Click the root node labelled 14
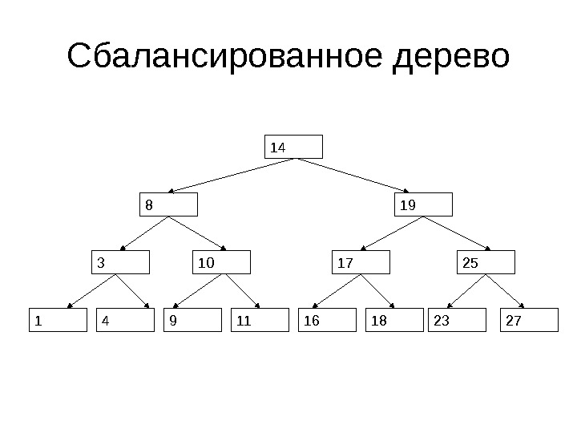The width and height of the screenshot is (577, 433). click(294, 147)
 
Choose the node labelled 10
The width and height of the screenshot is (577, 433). click(223, 262)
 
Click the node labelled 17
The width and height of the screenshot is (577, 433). click(361, 262)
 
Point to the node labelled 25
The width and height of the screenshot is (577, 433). click(486, 262)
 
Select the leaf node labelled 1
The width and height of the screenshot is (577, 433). click(57, 320)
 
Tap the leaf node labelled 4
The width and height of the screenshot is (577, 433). click(124, 320)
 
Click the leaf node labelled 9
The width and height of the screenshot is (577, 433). click(192, 320)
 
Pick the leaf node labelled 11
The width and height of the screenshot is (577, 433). click(259, 320)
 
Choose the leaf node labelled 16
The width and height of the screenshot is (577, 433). click(326, 320)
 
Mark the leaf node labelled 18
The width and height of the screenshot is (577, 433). click(393, 320)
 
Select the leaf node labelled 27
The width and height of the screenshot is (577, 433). click(528, 320)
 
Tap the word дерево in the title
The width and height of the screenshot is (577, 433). click(451, 59)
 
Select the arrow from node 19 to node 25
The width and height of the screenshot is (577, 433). click(458, 233)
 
